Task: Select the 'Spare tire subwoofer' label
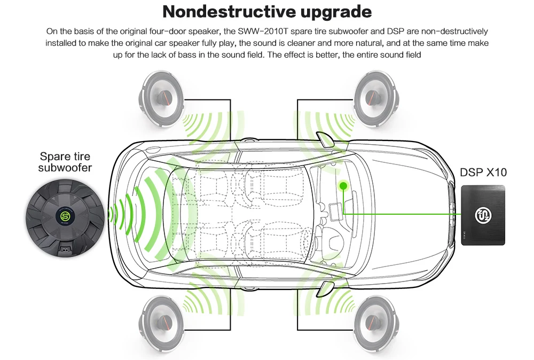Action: pos(65,162)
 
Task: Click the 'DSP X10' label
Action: pos(483,173)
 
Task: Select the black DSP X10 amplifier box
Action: pos(483,215)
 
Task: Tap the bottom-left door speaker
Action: pos(163,321)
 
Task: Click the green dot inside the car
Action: pos(342,186)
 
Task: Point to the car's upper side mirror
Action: pos(324,139)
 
